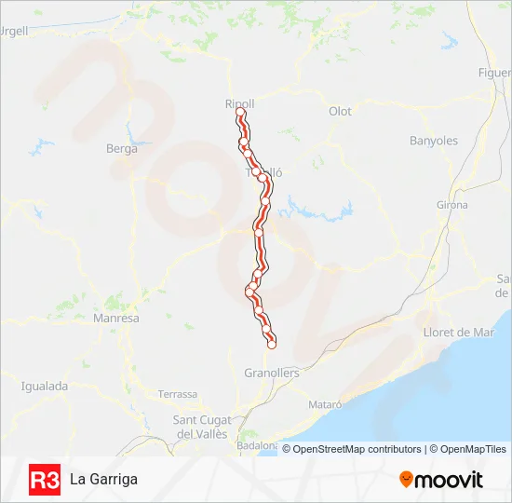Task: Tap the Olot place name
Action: click(x=340, y=111)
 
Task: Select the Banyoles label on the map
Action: click(x=434, y=141)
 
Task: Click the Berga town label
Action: click(x=122, y=148)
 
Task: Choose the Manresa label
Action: click(x=116, y=318)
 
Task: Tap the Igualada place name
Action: click(x=45, y=385)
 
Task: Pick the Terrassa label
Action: click(x=179, y=394)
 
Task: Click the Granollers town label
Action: click(x=272, y=373)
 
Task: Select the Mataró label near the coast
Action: click(x=325, y=405)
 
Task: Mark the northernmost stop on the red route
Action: click(x=241, y=113)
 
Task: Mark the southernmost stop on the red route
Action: click(x=272, y=344)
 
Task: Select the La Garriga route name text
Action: click(x=103, y=479)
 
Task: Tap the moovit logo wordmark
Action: click(x=449, y=480)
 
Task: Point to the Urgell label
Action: click(x=15, y=30)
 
